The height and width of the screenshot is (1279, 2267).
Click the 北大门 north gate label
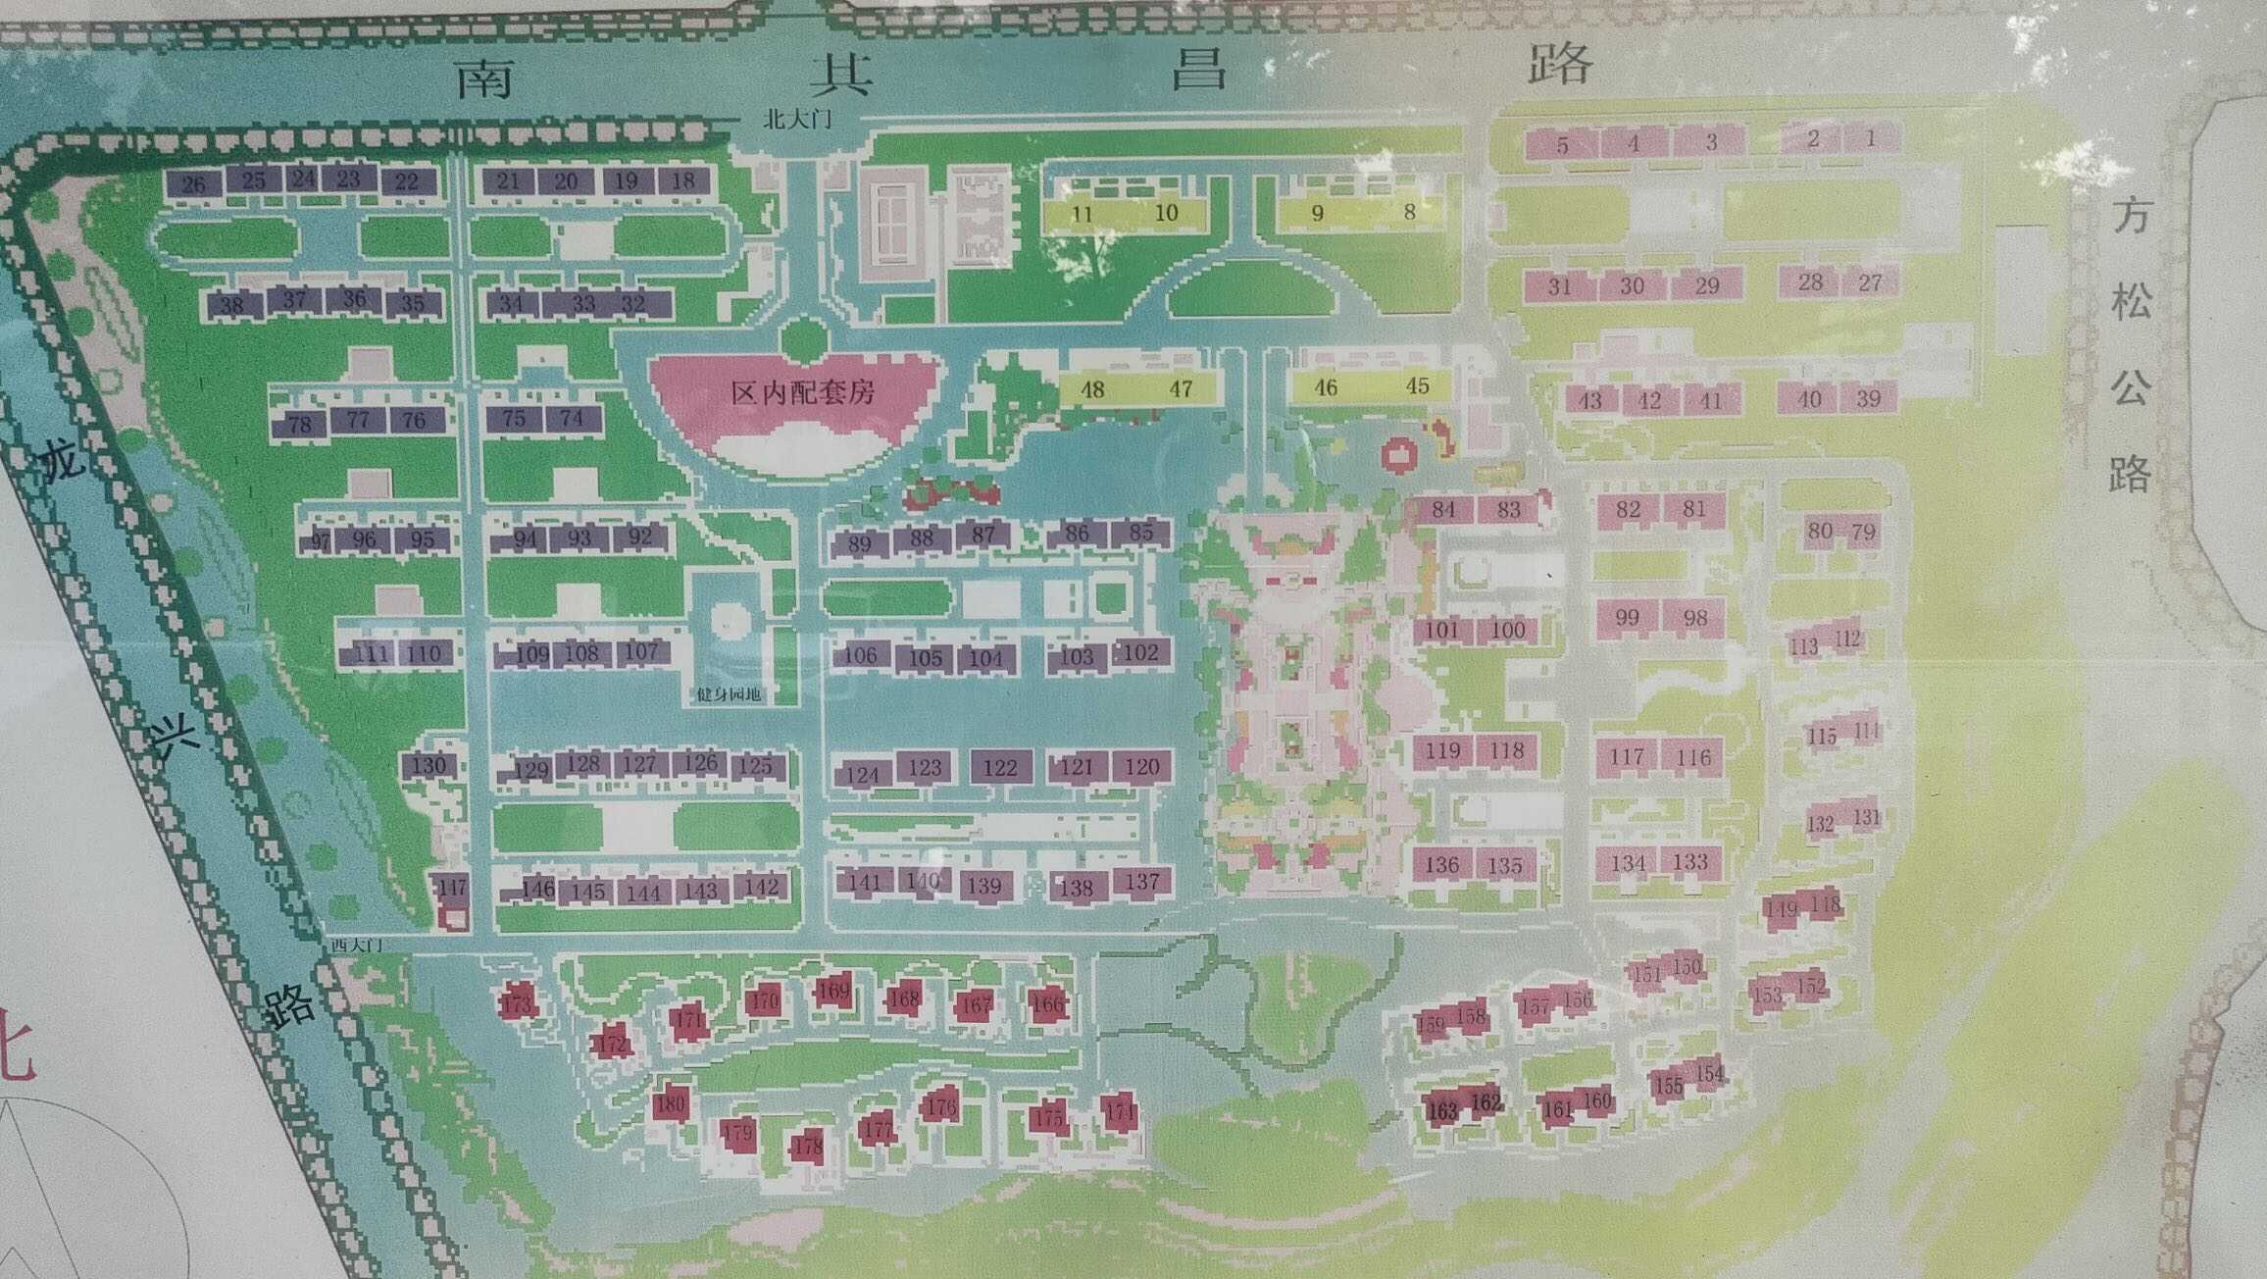[x=799, y=120]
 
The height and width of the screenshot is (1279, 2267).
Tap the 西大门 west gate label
[x=355, y=945]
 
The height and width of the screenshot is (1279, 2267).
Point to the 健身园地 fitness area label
[x=729, y=694]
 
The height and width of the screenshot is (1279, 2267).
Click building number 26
[x=194, y=183]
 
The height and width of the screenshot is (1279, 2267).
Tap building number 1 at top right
[x=1870, y=138]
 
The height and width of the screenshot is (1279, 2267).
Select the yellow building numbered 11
[x=1082, y=214]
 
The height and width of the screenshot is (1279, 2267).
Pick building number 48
[x=1092, y=388]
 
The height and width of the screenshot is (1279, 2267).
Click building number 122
[x=1000, y=767]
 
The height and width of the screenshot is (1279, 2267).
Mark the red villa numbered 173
[x=516, y=1002]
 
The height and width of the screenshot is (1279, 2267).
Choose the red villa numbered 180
[x=671, y=1103]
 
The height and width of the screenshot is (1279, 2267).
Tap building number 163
[x=1442, y=1110]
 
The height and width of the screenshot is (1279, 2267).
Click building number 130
[x=428, y=765]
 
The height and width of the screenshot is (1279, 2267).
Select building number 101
[x=1441, y=629]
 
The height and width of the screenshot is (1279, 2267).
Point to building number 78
[x=299, y=424]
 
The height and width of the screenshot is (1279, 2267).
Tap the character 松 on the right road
[x=2131, y=300]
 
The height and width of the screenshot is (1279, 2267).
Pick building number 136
[x=1441, y=865]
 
